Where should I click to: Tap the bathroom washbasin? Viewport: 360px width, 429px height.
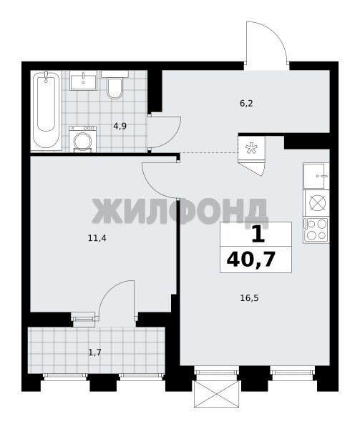click(x=83, y=80)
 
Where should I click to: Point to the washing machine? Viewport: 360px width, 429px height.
click(x=83, y=139)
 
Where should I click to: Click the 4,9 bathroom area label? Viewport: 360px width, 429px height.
click(x=120, y=126)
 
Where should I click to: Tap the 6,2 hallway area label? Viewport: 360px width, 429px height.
click(x=246, y=104)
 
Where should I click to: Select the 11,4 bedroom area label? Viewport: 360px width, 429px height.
click(x=97, y=238)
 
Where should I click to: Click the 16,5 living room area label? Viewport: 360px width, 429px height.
click(x=249, y=297)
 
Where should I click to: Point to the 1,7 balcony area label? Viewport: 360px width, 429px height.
click(x=94, y=352)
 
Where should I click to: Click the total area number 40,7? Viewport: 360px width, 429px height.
click(x=250, y=260)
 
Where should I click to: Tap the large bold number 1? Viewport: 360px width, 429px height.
click(x=258, y=235)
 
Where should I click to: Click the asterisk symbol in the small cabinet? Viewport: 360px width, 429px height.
click(x=251, y=148)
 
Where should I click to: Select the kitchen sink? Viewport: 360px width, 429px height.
click(x=316, y=176)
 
